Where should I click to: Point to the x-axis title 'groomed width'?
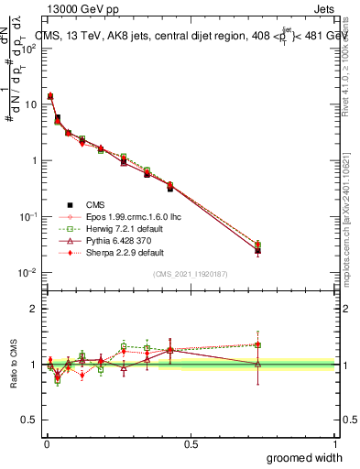(305, 457)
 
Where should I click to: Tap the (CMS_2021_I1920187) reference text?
(190, 273)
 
